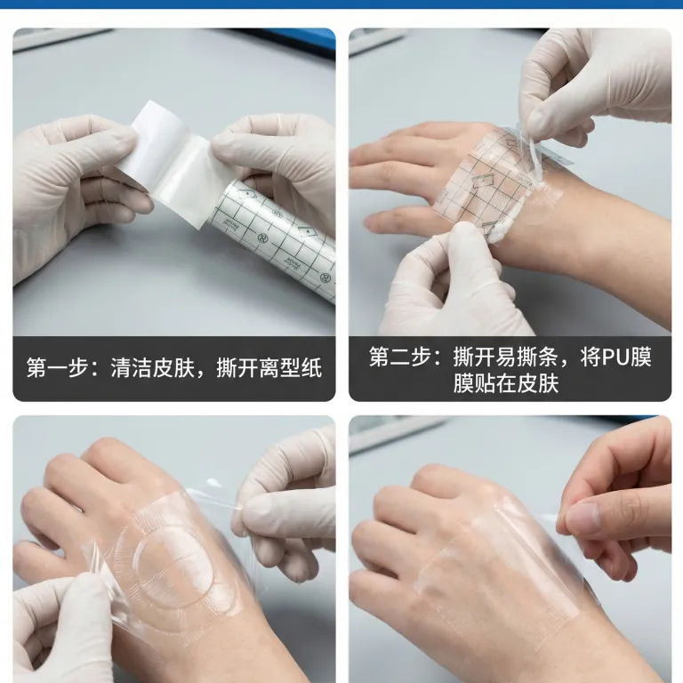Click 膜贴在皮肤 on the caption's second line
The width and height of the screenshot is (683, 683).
505,383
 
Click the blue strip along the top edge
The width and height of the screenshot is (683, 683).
341,4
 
